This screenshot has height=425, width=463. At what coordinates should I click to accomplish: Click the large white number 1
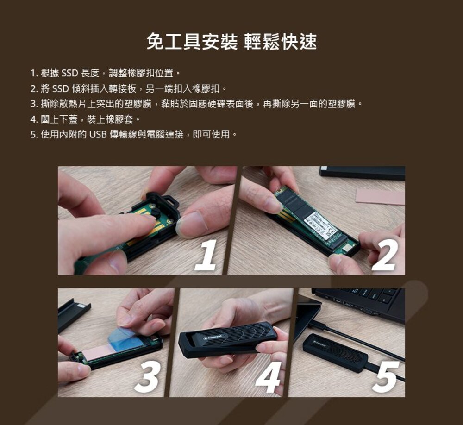(x=206, y=256)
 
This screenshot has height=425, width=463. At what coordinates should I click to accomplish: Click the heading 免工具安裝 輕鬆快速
(x=231, y=42)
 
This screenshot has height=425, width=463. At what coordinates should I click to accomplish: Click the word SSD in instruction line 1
(x=69, y=73)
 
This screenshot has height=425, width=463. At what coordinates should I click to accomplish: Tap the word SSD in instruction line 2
(x=60, y=88)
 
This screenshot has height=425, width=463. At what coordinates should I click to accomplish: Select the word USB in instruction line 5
(x=98, y=135)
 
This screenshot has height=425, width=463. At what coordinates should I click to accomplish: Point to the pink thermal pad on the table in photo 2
(x=380, y=197)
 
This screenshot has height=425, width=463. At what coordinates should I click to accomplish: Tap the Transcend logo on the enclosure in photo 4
(x=213, y=337)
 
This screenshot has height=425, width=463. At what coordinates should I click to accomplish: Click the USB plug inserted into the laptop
(x=318, y=325)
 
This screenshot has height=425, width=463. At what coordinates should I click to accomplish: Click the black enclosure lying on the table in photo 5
(x=335, y=353)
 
